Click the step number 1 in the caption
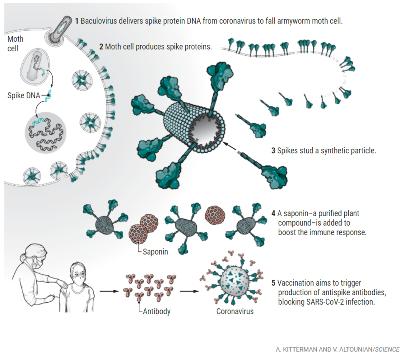(x=77, y=21)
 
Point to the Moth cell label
(x=15, y=44)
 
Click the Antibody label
(x=156, y=311)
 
